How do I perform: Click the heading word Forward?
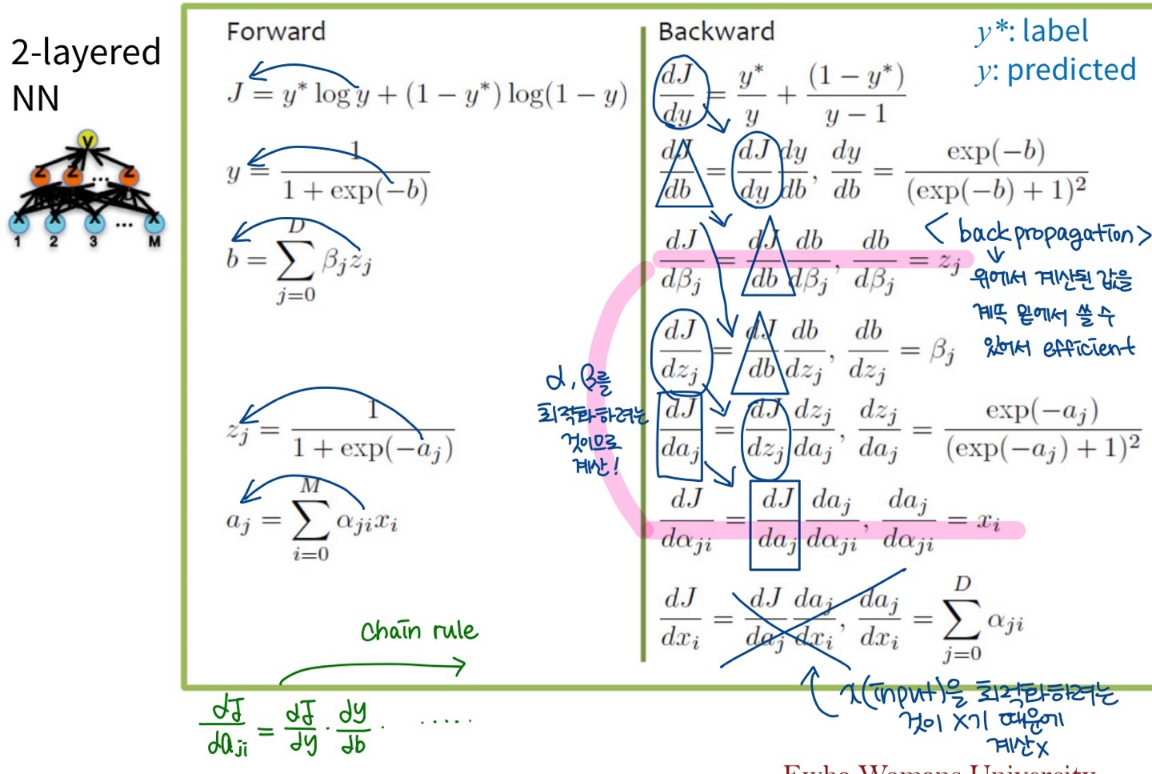(276, 31)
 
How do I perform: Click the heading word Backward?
(716, 31)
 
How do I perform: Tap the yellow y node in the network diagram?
(87, 140)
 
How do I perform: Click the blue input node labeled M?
(154, 223)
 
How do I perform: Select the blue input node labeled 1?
(18, 223)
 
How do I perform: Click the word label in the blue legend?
(1055, 31)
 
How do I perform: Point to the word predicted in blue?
(1071, 70)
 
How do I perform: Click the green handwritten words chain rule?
(419, 631)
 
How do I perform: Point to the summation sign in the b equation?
(296, 259)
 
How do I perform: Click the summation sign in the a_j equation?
(310, 519)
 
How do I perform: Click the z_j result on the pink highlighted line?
(949, 260)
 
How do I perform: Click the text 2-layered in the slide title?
(86, 52)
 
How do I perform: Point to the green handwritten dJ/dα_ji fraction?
(228, 728)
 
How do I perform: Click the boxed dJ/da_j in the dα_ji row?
(775, 520)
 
